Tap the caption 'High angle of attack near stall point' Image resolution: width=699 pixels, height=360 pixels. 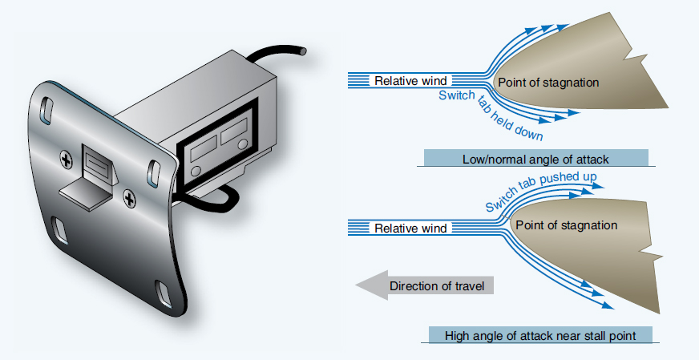[x=540, y=335]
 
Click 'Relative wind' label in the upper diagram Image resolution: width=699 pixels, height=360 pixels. [x=411, y=81]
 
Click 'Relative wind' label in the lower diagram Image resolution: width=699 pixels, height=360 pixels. [x=411, y=229]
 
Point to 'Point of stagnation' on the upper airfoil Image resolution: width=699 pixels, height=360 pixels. [x=548, y=82]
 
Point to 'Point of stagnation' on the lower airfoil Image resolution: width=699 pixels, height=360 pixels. [x=567, y=225]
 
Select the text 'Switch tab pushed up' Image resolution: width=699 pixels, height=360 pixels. [x=539, y=190]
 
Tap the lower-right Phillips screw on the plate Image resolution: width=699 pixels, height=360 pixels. [x=127, y=196]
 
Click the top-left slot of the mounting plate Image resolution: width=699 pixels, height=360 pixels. [x=48, y=106]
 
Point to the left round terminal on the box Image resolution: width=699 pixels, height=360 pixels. [x=196, y=172]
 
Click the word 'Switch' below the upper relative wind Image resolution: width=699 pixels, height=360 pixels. [x=456, y=96]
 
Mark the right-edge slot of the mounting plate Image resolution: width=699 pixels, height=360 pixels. [x=152, y=169]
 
